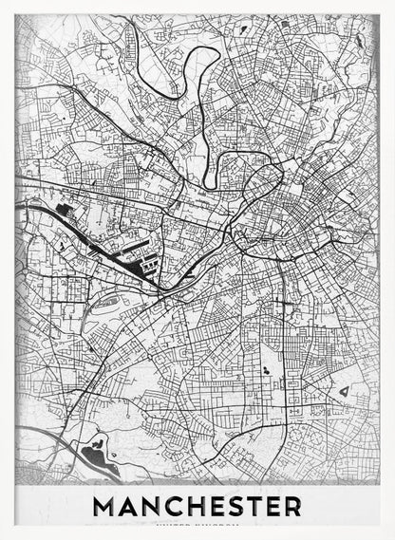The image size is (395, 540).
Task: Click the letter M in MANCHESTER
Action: click(x=104, y=506)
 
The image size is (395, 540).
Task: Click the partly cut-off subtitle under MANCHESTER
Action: click(x=197, y=524)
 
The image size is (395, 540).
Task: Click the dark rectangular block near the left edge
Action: click(x=65, y=207)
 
